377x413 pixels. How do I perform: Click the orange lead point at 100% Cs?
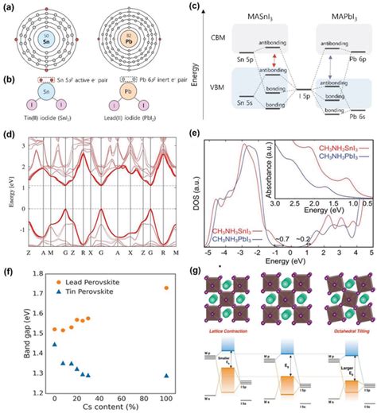[165, 288]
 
